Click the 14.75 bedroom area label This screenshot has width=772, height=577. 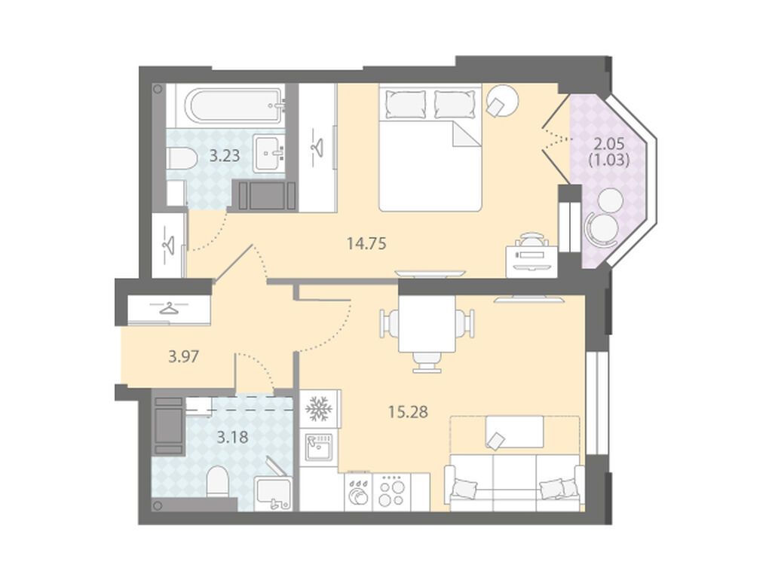click(x=366, y=243)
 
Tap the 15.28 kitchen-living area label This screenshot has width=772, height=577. click(x=408, y=411)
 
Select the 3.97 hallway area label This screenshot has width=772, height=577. click(x=184, y=356)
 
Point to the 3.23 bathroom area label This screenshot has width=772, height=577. click(x=225, y=156)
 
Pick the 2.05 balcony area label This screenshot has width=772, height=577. click(x=609, y=144)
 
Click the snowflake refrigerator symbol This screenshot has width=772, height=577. click(x=320, y=408)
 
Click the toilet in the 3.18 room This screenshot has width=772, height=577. click(x=216, y=481)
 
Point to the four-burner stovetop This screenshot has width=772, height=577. click(x=391, y=492)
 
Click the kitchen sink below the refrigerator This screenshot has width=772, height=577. click(x=318, y=447)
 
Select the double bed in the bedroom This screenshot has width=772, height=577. click(x=429, y=148)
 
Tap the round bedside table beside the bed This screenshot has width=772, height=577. click(x=502, y=101)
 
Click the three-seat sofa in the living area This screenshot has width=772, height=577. click(x=514, y=483)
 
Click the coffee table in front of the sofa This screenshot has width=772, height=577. click(x=514, y=432)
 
